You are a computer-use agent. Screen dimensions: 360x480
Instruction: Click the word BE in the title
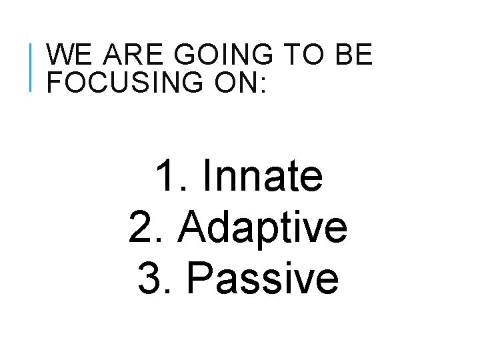(354, 55)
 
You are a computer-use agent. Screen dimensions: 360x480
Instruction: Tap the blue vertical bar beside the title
(32, 66)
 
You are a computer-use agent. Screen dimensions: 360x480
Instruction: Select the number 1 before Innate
(166, 177)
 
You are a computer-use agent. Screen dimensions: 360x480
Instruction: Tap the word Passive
(263, 278)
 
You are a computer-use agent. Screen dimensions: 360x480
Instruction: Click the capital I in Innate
(205, 177)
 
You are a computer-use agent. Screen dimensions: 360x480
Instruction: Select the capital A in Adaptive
(193, 227)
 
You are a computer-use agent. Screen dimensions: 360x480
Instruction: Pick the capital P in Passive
(199, 278)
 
